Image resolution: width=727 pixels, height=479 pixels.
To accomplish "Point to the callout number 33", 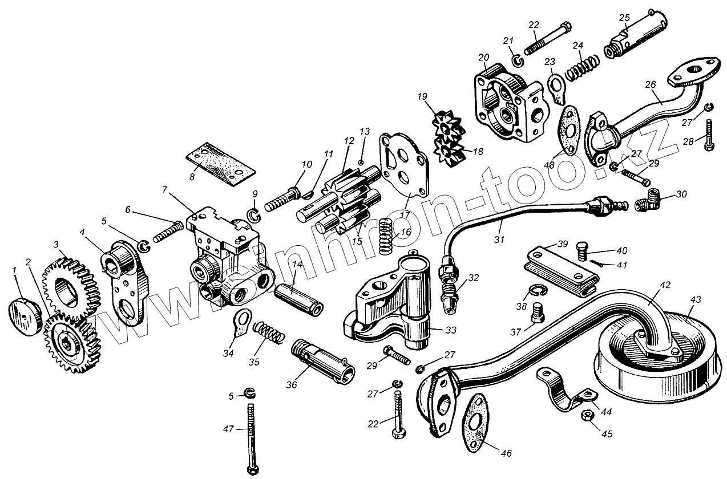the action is pyautogui.click(x=435, y=330).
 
